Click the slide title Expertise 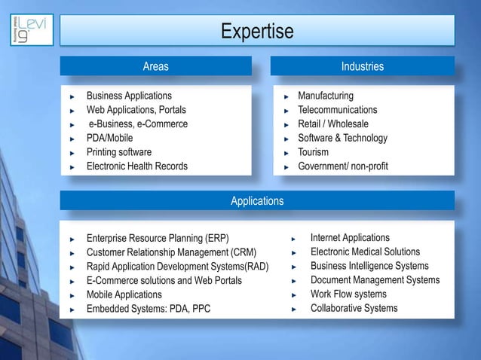pyautogui.click(x=257, y=32)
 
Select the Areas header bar pyautogui.click(x=156, y=67)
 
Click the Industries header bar pyautogui.click(x=362, y=67)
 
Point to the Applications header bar pyautogui.click(x=257, y=201)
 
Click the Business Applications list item pyautogui.click(x=129, y=96)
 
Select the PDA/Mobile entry pyautogui.click(x=109, y=138)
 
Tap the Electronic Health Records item pyautogui.click(x=137, y=166)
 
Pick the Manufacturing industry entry pyautogui.click(x=326, y=96)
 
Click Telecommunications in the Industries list pyautogui.click(x=338, y=110)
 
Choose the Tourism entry pyautogui.click(x=314, y=152)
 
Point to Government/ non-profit pyautogui.click(x=343, y=166)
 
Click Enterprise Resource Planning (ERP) pyautogui.click(x=158, y=238)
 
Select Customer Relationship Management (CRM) pyautogui.click(x=172, y=252)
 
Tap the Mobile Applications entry pyautogui.click(x=124, y=294)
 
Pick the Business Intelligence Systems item pyautogui.click(x=369, y=266)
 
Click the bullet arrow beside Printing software pyautogui.click(x=72, y=153)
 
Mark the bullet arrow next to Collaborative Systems pyautogui.click(x=295, y=309)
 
